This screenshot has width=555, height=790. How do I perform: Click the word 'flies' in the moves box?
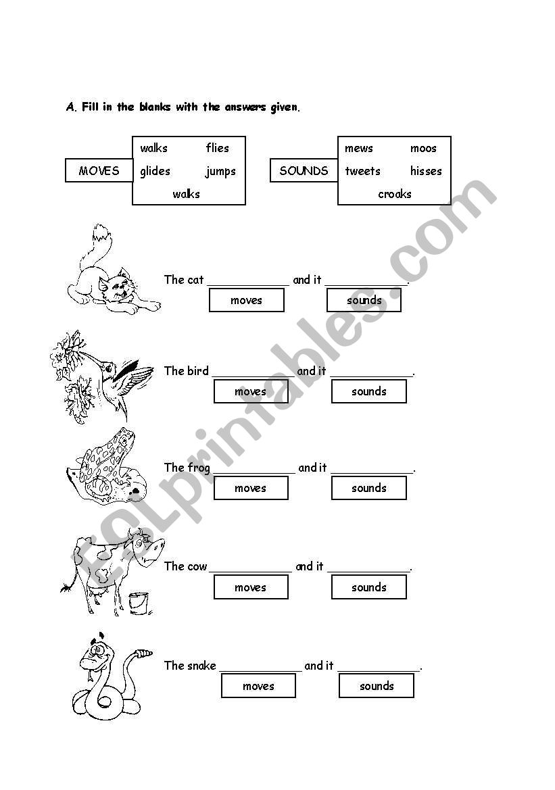pyautogui.click(x=218, y=148)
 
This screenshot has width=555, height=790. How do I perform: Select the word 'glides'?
pyautogui.click(x=155, y=171)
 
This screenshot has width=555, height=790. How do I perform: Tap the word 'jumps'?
pyautogui.click(x=220, y=171)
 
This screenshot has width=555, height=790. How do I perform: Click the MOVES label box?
pyautogui.click(x=99, y=171)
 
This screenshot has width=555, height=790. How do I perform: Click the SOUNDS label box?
pyautogui.click(x=304, y=171)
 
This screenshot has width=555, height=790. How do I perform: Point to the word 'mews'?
pyautogui.click(x=358, y=148)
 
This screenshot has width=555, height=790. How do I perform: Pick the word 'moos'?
pyautogui.click(x=423, y=148)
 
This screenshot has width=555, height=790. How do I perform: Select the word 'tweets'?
pyautogui.click(x=362, y=171)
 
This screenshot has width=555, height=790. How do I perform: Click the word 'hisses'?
pyautogui.click(x=425, y=171)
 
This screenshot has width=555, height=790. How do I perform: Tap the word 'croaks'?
pyautogui.click(x=395, y=194)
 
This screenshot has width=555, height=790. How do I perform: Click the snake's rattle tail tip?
pyautogui.click(x=144, y=653)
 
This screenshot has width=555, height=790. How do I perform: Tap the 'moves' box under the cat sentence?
pyautogui.click(x=246, y=300)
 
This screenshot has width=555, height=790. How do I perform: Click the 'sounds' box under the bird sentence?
pyautogui.click(x=368, y=391)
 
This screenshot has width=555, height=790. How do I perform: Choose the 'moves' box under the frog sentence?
pyautogui.click(x=251, y=488)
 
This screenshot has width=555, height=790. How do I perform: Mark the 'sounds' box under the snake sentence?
pyautogui.click(x=376, y=686)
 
